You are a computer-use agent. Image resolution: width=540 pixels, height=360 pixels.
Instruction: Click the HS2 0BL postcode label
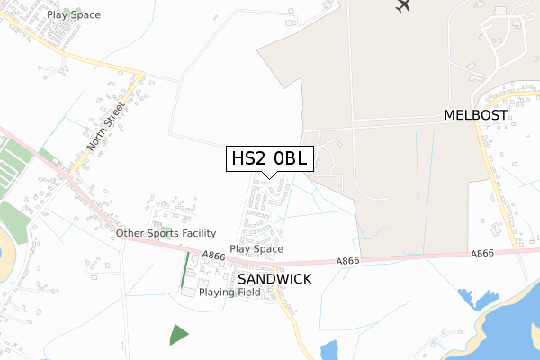pyautogui.click(x=270, y=159)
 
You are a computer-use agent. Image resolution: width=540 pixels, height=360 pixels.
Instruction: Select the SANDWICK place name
pyautogui.click(x=274, y=279)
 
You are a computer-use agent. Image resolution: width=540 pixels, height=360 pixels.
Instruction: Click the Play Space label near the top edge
pyautogui.click(x=74, y=15)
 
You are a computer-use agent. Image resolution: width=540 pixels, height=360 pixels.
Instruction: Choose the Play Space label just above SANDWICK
pyautogui.click(x=256, y=249)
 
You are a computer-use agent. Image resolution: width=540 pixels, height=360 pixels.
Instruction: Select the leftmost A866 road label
pyautogui.click(x=213, y=256)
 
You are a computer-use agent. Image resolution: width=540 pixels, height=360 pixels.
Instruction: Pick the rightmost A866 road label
pyautogui.click(x=482, y=255)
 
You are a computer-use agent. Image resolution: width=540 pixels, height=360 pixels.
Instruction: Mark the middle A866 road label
pyautogui.click(x=348, y=261)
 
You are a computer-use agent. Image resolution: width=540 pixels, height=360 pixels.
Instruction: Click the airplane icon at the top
pyautogui.click(x=402, y=5)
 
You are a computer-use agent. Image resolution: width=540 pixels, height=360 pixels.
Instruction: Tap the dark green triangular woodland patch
pyautogui.click(x=179, y=334)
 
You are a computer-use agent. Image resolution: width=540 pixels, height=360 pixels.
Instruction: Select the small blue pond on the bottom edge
pyautogui.click(x=329, y=351)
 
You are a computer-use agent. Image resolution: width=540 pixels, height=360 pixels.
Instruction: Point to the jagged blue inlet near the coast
pyautogui.click(x=469, y=298)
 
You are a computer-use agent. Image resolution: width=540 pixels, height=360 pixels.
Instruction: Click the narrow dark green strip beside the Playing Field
pyautogui.click(x=186, y=268)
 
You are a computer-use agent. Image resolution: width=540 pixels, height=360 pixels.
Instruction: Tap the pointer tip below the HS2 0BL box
pyautogui.click(x=270, y=177)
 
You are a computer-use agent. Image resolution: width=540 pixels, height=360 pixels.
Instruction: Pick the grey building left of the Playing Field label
pyautogui.click(x=188, y=292)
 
